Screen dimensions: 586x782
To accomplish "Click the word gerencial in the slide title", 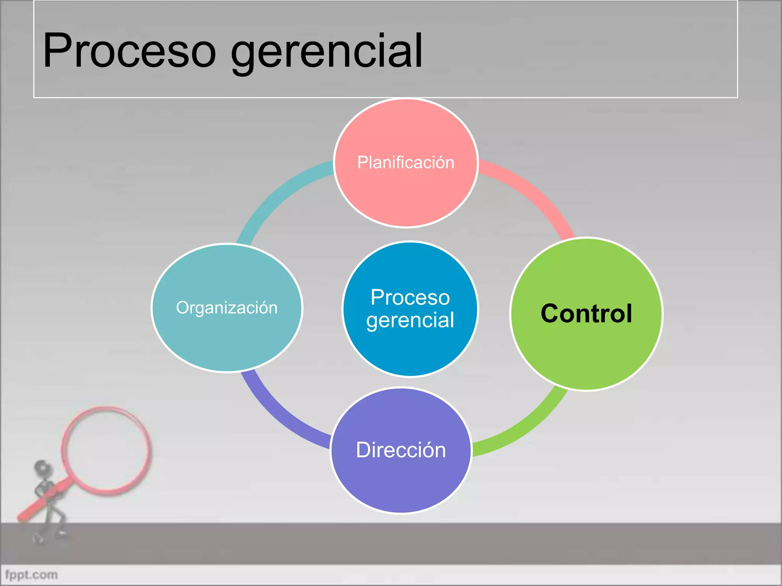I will (327, 52).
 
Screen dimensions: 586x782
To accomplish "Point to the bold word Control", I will (586, 314).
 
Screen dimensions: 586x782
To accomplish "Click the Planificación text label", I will (406, 163).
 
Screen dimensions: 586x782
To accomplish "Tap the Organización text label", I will (227, 307).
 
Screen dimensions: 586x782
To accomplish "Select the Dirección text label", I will (401, 450).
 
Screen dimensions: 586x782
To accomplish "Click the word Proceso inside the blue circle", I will (410, 297).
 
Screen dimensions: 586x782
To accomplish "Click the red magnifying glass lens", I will (106, 450).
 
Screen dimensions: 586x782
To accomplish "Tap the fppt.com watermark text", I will (31, 575).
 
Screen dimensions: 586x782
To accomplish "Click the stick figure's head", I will (41, 467).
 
